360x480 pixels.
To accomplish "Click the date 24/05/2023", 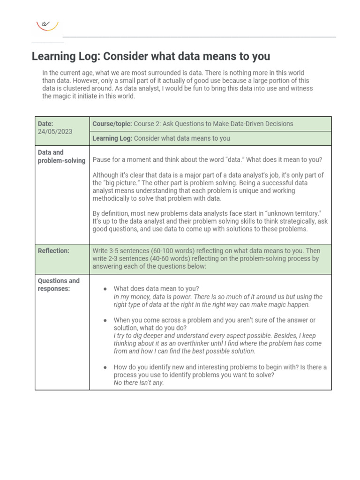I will (x=55, y=132).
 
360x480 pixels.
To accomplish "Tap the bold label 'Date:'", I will (x=45, y=124).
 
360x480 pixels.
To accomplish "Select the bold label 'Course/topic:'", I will (x=112, y=124).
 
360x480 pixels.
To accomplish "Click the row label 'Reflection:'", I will (x=53, y=251).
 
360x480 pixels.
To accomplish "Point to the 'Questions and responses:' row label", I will (x=59, y=285).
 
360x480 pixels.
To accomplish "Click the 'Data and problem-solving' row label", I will (x=61, y=157).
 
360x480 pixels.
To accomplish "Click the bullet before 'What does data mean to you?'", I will (x=105, y=289).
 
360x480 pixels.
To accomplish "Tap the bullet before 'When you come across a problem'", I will (x=105, y=320).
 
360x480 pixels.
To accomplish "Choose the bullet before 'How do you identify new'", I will (x=105, y=367).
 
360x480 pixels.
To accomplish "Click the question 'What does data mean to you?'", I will (x=156, y=289).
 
